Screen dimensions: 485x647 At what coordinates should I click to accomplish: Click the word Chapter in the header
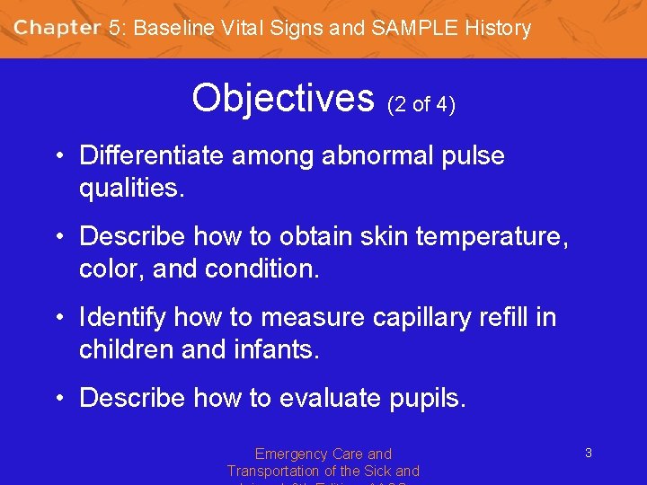[x=58, y=28]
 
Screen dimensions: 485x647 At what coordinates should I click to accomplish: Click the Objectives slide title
[x=282, y=97]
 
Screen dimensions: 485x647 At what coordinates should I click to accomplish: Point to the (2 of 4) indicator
[x=421, y=105]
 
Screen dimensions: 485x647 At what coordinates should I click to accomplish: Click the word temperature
[x=488, y=236]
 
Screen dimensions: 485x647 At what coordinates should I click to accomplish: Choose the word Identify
[x=122, y=317]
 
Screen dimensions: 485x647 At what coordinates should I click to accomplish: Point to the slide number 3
[x=588, y=453]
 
